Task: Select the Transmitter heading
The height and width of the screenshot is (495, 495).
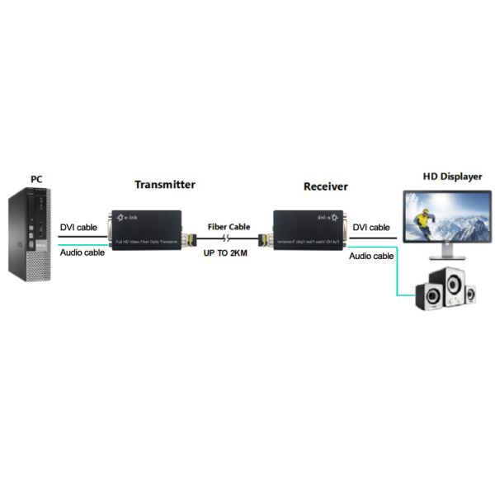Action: click(x=164, y=184)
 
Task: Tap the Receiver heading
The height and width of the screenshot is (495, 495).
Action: click(x=325, y=186)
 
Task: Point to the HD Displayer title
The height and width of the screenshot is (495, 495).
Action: click(x=452, y=177)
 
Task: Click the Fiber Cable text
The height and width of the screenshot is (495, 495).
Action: click(x=229, y=226)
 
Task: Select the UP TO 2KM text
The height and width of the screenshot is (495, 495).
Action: click(x=226, y=252)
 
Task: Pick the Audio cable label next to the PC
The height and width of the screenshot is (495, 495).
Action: click(x=82, y=252)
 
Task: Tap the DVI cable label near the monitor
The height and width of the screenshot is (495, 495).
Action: click(x=371, y=227)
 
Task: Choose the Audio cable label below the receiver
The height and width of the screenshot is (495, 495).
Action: click(x=371, y=257)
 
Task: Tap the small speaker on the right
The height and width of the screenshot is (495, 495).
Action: click(x=469, y=294)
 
